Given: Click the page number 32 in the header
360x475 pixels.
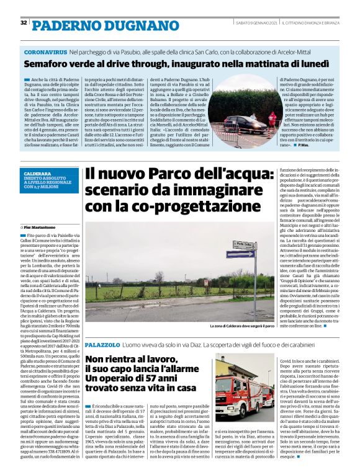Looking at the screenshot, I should tap(24, 23).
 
